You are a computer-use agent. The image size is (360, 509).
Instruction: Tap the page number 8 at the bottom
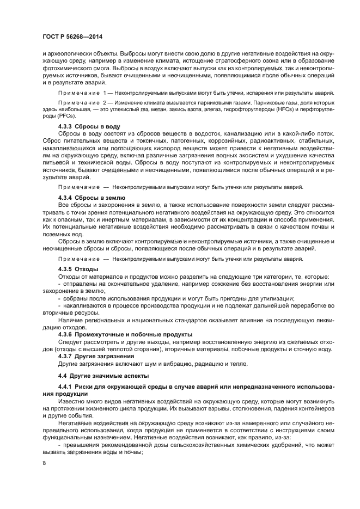click(x=45, y=463)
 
